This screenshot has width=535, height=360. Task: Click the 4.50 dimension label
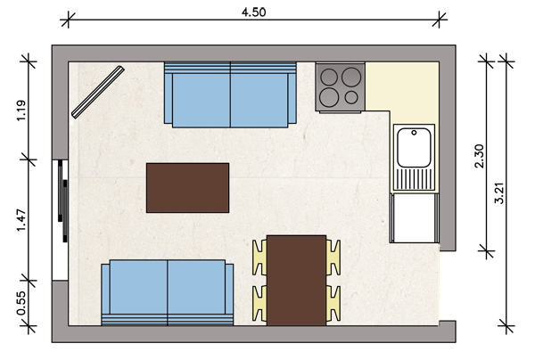coord(253,12)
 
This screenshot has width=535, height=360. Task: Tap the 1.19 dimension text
coord(21,110)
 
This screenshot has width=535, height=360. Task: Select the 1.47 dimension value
coord(21,220)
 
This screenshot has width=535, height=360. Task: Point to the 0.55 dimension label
coord(21,303)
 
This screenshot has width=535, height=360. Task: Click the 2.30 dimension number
coord(480,156)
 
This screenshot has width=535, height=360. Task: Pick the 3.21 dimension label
coord(499,193)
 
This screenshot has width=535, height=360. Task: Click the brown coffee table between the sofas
coord(187,188)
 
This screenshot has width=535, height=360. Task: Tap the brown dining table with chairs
coord(296,280)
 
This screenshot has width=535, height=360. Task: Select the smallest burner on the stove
coord(351,97)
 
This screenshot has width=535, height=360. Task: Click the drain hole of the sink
coord(414,133)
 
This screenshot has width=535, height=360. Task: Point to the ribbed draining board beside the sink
coord(414,179)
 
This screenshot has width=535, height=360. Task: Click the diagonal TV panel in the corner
coord(97,92)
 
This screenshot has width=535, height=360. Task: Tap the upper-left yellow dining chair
coord(259,258)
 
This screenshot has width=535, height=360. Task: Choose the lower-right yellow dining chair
coord(333,303)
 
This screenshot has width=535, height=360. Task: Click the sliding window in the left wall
coord(61,220)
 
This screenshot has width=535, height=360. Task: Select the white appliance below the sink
coord(415,218)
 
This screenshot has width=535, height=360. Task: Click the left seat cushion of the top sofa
coord(202,100)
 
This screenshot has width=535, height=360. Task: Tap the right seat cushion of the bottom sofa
coord(196,287)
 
